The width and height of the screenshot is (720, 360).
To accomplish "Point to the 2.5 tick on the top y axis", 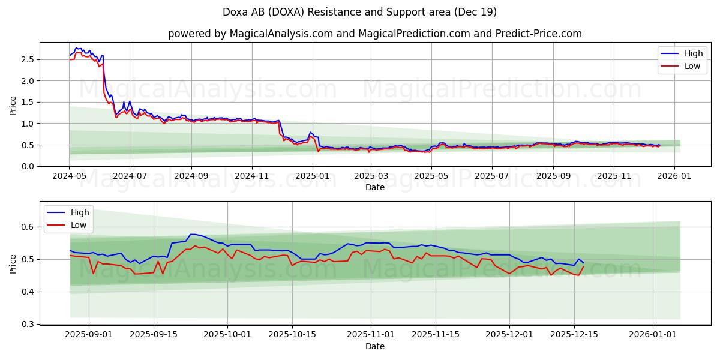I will (x=28, y=59).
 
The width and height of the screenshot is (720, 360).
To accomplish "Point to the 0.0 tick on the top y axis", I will (x=28, y=166).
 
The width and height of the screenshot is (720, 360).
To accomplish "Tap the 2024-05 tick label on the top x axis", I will (x=70, y=176).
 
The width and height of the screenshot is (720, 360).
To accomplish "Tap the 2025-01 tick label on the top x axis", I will (x=312, y=176).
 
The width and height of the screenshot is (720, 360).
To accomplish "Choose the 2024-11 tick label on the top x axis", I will (x=251, y=176).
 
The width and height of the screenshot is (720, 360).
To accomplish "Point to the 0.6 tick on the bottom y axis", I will (x=28, y=227).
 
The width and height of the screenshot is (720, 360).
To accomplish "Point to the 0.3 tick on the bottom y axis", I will (x=28, y=324).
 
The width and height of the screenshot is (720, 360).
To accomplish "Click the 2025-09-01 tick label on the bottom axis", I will (x=89, y=335).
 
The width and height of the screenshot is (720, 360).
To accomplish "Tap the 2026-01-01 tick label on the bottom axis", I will (x=652, y=335).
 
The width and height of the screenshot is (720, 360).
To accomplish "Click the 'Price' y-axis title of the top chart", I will (x=13, y=104).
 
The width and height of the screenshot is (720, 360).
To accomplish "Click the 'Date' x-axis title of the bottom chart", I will (x=375, y=346).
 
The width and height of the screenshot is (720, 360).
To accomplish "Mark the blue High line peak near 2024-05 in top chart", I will (x=76, y=48).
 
